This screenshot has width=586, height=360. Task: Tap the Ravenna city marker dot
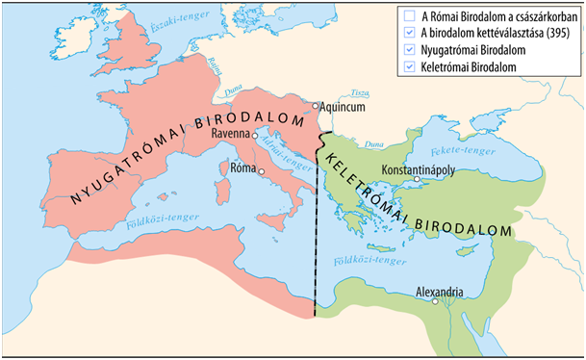[x=255, y=136]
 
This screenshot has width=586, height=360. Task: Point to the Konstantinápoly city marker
[x=416, y=179]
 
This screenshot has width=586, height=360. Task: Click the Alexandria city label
[x=440, y=290]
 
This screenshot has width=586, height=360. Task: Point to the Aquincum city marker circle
[x=315, y=106]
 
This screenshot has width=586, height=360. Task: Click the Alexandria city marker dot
[x=435, y=300]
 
